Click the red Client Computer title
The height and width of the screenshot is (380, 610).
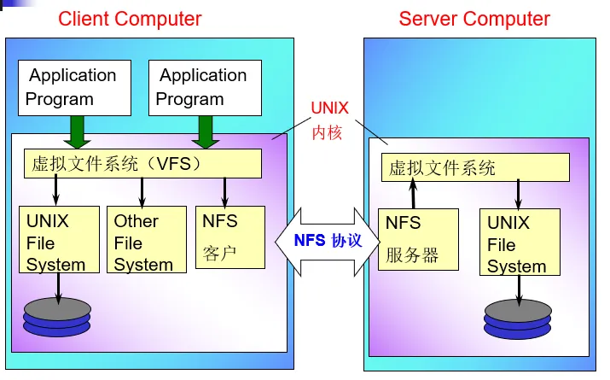(x=130, y=19)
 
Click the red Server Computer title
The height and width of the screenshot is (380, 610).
(x=474, y=19)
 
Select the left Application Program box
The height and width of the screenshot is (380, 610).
(x=75, y=88)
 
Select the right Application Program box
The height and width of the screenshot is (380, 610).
(x=205, y=88)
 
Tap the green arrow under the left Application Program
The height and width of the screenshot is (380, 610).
(x=77, y=132)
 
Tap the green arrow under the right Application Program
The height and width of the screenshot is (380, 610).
(x=206, y=132)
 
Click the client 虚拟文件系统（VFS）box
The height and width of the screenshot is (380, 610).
(x=142, y=163)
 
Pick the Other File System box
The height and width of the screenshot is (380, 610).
(x=147, y=239)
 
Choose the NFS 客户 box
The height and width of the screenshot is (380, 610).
(x=230, y=237)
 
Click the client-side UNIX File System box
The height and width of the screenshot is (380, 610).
(x=59, y=239)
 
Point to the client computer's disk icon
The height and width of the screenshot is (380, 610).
(x=57, y=318)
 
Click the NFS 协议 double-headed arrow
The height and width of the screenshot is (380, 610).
(x=328, y=242)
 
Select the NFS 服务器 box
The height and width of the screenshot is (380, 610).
(x=418, y=239)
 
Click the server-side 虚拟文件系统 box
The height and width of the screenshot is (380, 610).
(x=475, y=167)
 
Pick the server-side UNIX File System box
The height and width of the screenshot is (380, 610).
(x=520, y=243)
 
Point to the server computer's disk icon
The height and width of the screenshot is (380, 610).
(x=518, y=319)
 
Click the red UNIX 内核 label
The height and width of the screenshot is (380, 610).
(x=329, y=120)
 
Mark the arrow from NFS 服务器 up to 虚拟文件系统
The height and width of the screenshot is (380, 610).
(x=413, y=193)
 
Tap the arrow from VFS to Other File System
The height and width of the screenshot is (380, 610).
(x=142, y=192)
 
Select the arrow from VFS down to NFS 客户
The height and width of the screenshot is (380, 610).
(x=225, y=192)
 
